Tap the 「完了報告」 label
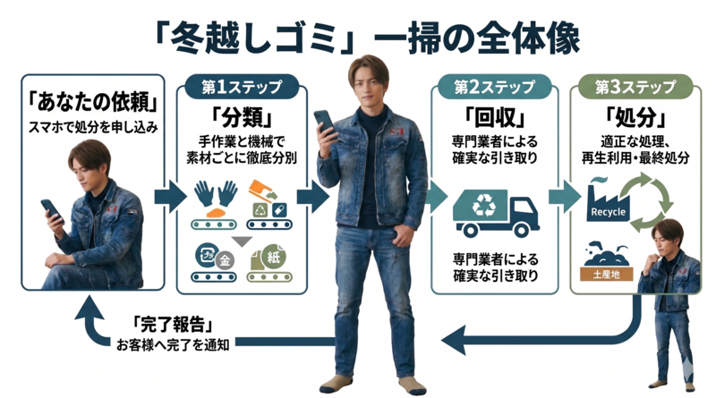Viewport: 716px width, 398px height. [168, 324]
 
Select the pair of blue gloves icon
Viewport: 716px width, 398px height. [215, 191]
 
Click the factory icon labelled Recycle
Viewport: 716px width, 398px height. [608, 203]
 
